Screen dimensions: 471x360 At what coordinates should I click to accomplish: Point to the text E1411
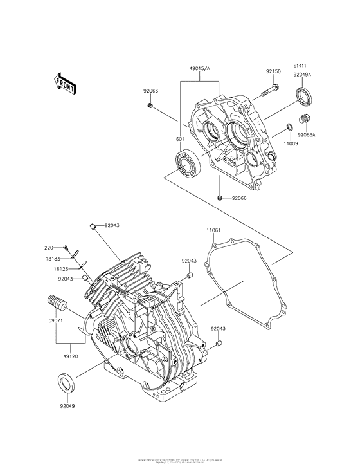click(x=301, y=66)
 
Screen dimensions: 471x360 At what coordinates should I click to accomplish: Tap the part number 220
click(x=49, y=247)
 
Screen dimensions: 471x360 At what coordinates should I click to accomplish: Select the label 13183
click(x=52, y=257)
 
